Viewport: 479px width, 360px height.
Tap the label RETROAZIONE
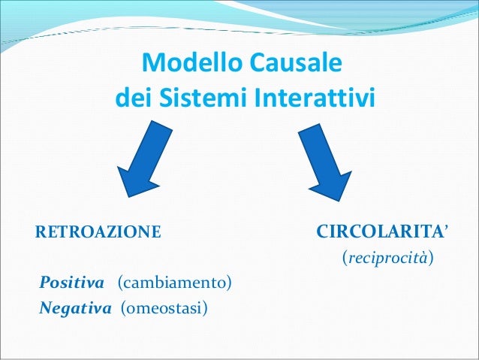coord(98,231)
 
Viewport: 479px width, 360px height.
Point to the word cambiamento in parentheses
coord(175,283)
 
